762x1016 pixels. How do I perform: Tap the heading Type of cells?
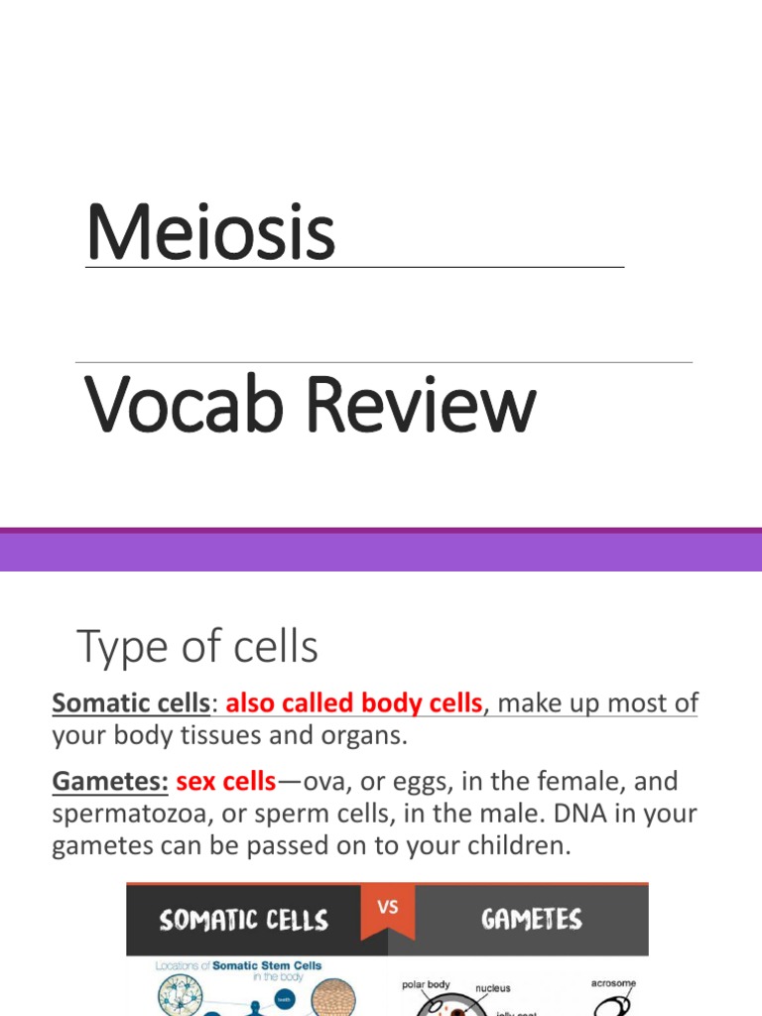[197, 648]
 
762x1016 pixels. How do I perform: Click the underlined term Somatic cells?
[131, 704]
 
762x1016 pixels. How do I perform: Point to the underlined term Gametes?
[110, 781]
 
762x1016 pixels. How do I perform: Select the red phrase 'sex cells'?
[225, 781]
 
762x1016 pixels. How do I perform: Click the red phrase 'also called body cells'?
[354, 704]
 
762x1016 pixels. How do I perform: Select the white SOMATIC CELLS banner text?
[243, 920]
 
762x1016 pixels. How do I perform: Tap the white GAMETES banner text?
[531, 919]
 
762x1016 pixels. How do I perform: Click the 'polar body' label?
[426, 985]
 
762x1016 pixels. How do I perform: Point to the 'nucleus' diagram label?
[493, 988]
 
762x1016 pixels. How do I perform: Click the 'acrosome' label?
[612, 983]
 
